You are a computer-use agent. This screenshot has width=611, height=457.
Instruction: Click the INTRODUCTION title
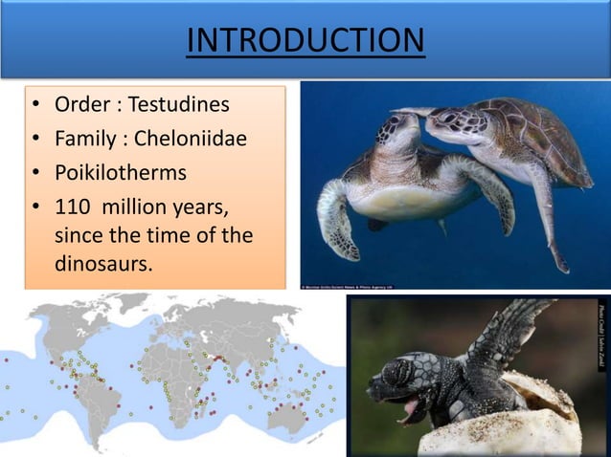305,41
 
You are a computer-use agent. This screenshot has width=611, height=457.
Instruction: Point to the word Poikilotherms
121,173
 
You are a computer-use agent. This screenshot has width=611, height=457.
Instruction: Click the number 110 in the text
71,207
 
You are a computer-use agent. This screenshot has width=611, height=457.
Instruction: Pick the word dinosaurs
103,264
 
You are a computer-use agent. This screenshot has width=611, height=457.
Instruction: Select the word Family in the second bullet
85,140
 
